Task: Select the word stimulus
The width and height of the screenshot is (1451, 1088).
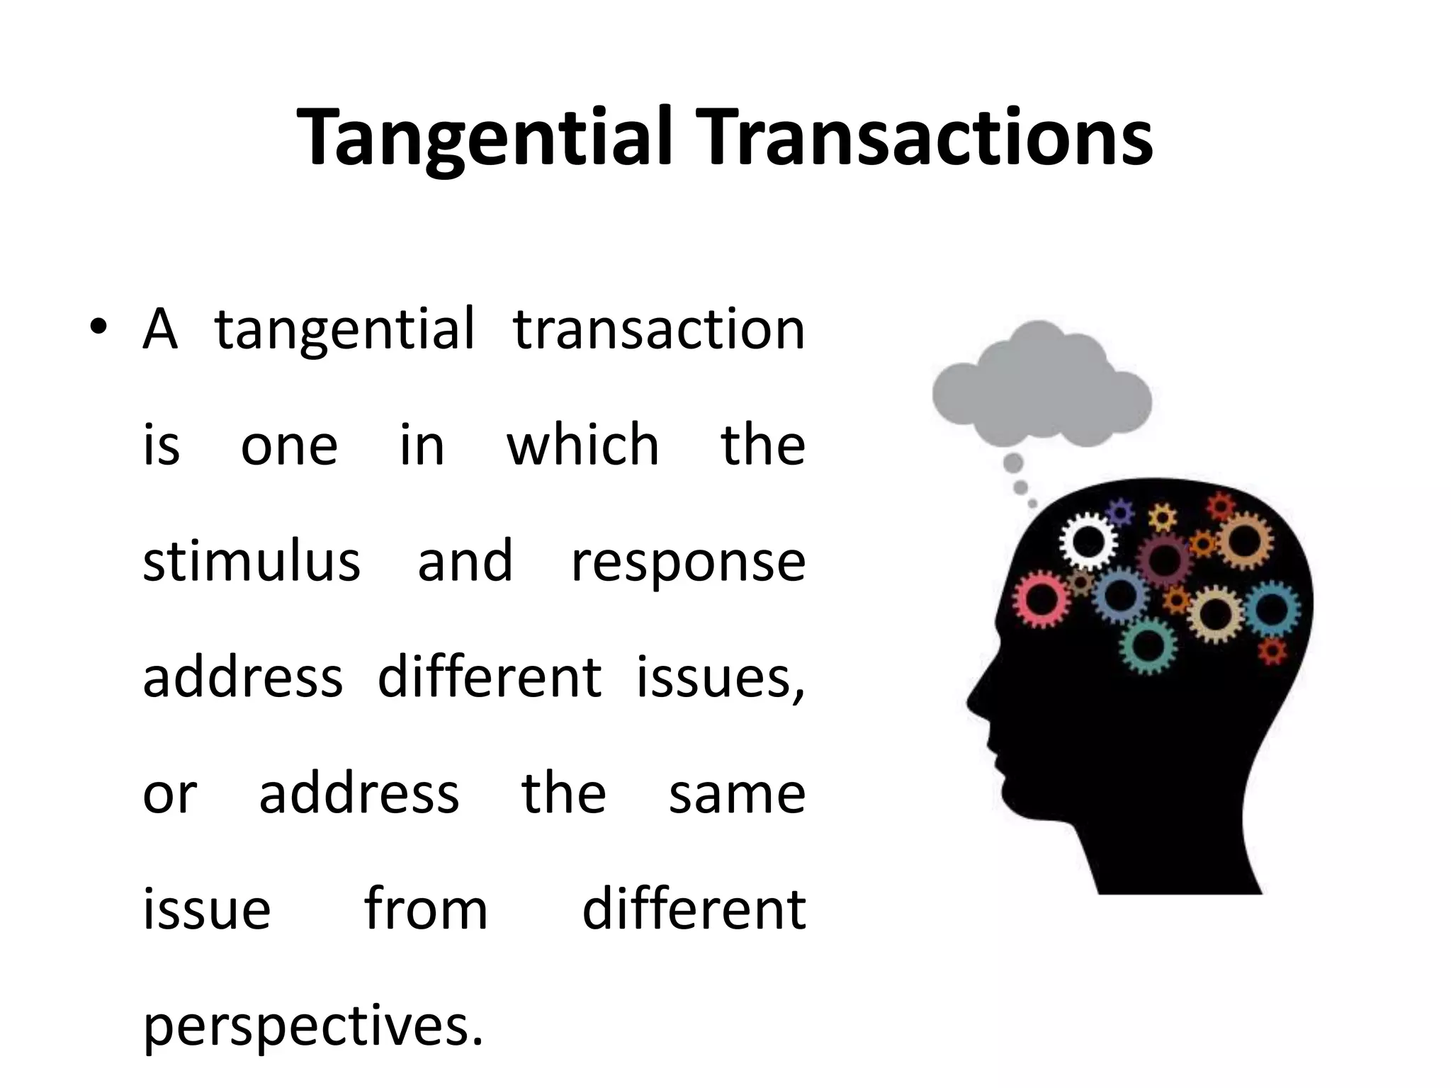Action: pyautogui.click(x=252, y=561)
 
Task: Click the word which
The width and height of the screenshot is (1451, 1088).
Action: pyautogui.click(x=582, y=445)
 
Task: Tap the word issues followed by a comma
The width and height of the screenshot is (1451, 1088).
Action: pyautogui.click(x=720, y=677)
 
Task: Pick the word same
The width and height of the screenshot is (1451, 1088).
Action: pyautogui.click(x=737, y=794)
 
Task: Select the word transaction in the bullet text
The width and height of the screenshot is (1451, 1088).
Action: pyautogui.click(x=658, y=329)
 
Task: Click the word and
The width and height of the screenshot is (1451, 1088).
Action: pyautogui.click(x=465, y=561)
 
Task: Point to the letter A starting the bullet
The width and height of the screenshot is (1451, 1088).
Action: pyautogui.click(x=159, y=329)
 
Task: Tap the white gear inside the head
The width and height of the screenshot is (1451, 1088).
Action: pyautogui.click(x=1088, y=543)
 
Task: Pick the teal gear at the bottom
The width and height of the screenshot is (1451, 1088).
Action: pyautogui.click(x=1148, y=645)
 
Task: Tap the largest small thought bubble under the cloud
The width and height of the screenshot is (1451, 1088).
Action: pyautogui.click(x=1013, y=463)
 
